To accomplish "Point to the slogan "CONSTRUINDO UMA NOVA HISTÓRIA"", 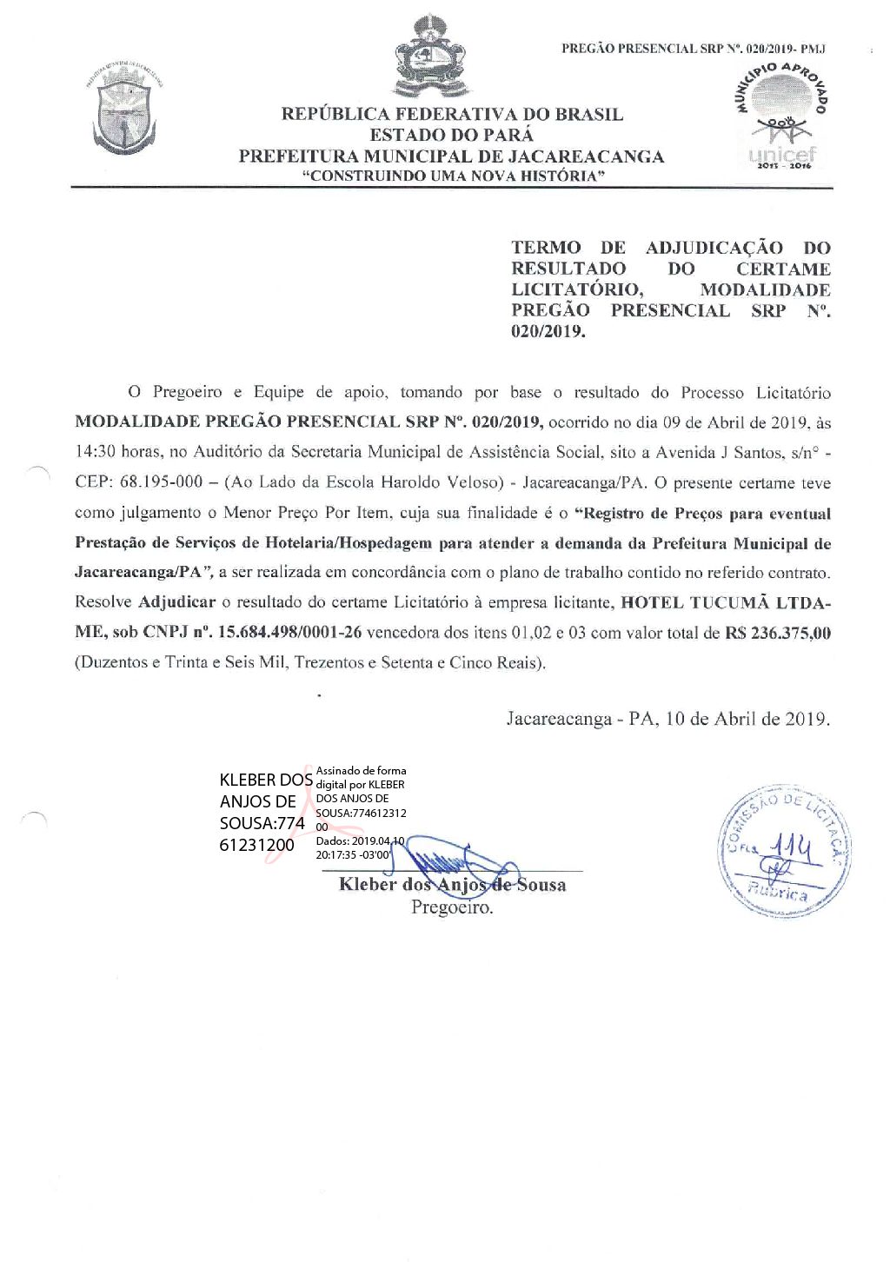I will pyautogui.click(x=452, y=176).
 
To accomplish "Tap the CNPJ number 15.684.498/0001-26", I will pyautogui.click(x=290, y=633).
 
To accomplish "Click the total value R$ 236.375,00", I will pyautogui.click(x=778, y=633).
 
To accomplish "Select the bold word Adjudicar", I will pyautogui.click(x=176, y=602).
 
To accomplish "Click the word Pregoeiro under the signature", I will pyautogui.click(x=451, y=908).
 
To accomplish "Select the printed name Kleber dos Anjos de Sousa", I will pyautogui.click(x=452, y=885).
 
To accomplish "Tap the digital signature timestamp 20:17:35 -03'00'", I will pyautogui.click(x=355, y=854).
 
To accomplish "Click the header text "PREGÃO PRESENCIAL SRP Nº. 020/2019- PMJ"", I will pyautogui.click(x=693, y=49).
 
